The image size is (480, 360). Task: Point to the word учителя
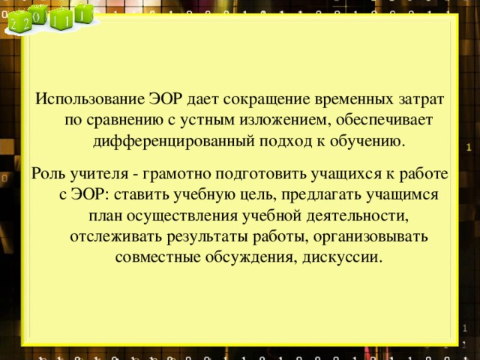point(98,174)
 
